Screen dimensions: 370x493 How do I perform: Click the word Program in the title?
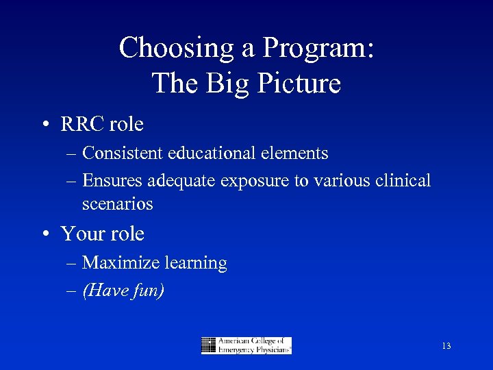pyautogui.click(x=318, y=48)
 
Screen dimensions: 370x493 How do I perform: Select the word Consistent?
pyautogui.click(x=126, y=153)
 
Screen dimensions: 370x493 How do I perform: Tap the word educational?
pyautogui.click(x=218, y=153)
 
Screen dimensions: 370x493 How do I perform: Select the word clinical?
pyautogui.click(x=400, y=180)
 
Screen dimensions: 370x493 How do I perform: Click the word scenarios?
pyautogui.click(x=117, y=203)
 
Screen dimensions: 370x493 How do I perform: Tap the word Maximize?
pyautogui.click(x=116, y=262)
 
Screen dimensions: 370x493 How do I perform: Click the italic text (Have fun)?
pyautogui.click(x=123, y=291)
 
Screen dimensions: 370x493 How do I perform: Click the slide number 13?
pyautogui.click(x=446, y=347)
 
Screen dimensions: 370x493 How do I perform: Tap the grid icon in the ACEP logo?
pyautogui.click(x=209, y=345)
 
